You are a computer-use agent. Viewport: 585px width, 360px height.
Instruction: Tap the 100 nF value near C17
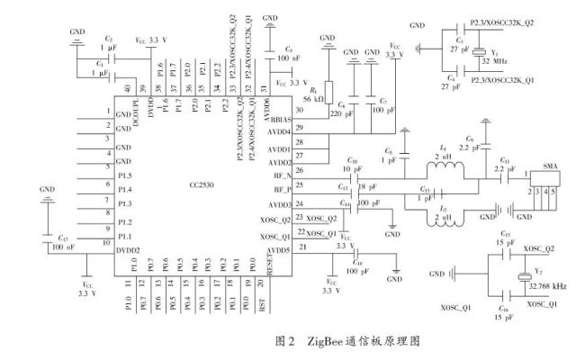click(x=63, y=246)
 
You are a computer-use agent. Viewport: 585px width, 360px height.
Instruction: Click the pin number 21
click(x=302, y=246)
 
